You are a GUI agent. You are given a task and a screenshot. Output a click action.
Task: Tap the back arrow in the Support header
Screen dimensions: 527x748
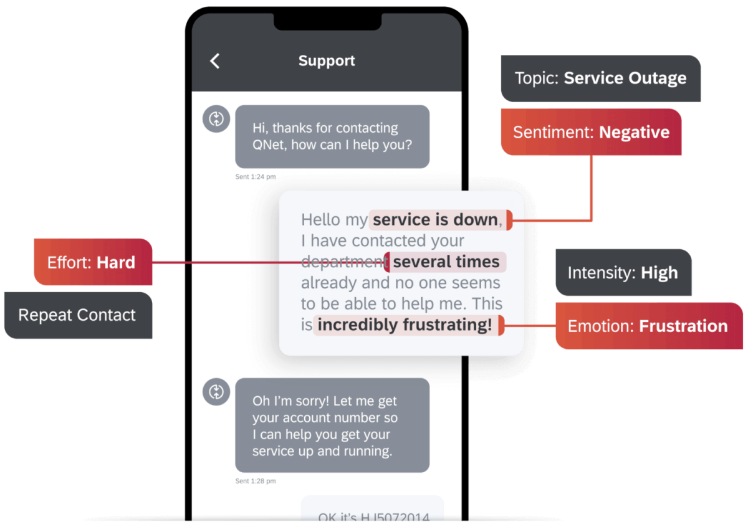pos(215,61)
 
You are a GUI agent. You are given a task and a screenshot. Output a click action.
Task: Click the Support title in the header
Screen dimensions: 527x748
pos(327,61)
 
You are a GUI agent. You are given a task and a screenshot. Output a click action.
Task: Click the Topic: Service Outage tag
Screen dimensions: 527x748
pos(600,78)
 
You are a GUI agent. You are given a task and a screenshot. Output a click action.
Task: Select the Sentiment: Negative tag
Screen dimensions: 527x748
pos(591,132)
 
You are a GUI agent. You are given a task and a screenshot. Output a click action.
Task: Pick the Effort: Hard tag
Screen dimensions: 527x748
pos(92,262)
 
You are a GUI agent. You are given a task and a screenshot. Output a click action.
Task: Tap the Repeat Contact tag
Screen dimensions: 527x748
pos(77,315)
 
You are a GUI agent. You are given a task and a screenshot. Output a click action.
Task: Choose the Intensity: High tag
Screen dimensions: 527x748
pos(622,273)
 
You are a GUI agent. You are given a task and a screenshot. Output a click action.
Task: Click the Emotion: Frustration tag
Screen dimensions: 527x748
pos(648,326)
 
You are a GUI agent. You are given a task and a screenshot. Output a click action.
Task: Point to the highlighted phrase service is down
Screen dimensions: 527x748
pos(436,220)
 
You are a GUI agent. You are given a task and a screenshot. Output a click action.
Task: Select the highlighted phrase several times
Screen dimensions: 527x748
pos(446,262)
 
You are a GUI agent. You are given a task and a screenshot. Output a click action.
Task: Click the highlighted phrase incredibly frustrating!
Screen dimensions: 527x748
pos(405,325)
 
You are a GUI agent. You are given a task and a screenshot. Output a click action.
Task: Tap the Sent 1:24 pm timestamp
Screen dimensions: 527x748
pos(255,177)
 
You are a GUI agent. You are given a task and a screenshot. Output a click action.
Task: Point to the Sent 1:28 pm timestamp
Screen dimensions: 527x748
pos(255,481)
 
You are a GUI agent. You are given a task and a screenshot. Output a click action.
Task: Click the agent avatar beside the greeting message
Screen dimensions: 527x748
pos(216,118)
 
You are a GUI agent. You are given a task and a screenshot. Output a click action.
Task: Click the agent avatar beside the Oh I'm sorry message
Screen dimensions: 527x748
pos(216,392)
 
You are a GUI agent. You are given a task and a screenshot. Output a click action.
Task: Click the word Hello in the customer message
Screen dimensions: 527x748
pos(321,220)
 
